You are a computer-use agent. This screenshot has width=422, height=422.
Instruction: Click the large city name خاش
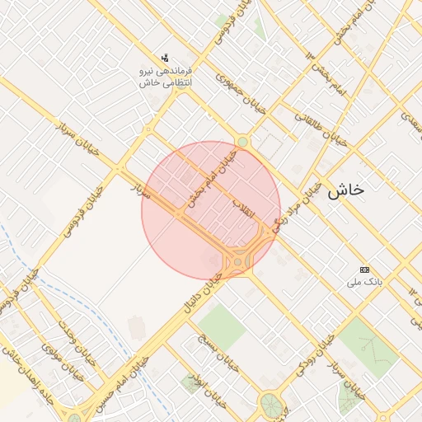tap(345, 190)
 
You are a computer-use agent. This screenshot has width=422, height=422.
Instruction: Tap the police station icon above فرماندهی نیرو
tap(166, 58)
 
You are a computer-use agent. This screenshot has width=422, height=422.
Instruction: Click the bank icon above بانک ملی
tap(364, 270)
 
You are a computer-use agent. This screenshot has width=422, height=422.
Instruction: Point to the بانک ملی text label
tap(364, 282)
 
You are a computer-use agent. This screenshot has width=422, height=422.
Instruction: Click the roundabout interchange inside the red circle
tap(238, 260)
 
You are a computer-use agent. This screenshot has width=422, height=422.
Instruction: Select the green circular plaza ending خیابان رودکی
tap(270, 404)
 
